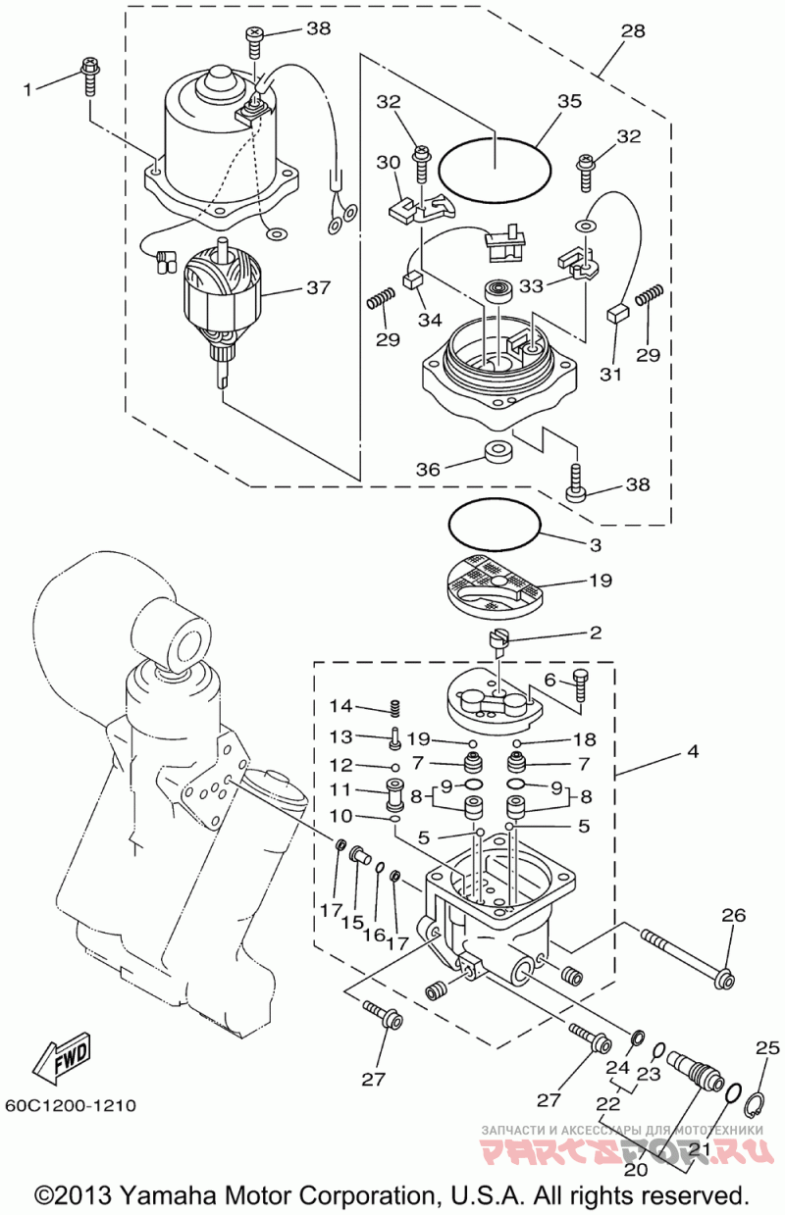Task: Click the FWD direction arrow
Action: (x=62, y=1056)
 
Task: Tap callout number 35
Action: (x=569, y=102)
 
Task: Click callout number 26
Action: (x=733, y=916)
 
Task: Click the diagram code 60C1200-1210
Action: (x=70, y=1105)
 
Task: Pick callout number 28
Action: (x=632, y=31)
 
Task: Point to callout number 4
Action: (x=693, y=753)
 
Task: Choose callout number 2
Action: (x=595, y=633)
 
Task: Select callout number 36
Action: (x=427, y=470)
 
